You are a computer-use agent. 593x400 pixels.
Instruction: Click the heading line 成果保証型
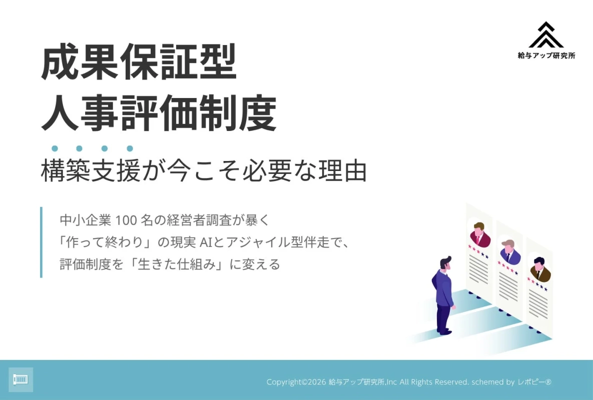click(x=138, y=63)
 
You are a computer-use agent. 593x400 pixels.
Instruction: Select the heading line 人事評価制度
click(x=158, y=113)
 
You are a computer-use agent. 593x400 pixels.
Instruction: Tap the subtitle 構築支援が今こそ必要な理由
click(x=204, y=171)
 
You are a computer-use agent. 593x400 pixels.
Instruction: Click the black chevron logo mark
click(x=546, y=35)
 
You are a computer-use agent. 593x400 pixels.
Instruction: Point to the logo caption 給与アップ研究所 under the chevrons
click(x=546, y=56)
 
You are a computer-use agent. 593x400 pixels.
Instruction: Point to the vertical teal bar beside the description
click(x=41, y=242)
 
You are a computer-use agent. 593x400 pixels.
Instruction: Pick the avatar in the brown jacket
click(x=539, y=270)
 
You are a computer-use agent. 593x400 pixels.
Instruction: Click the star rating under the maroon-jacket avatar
click(x=478, y=251)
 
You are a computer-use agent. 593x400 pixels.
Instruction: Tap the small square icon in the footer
click(x=21, y=379)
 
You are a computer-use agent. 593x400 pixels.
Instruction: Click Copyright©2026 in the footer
click(x=296, y=382)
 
